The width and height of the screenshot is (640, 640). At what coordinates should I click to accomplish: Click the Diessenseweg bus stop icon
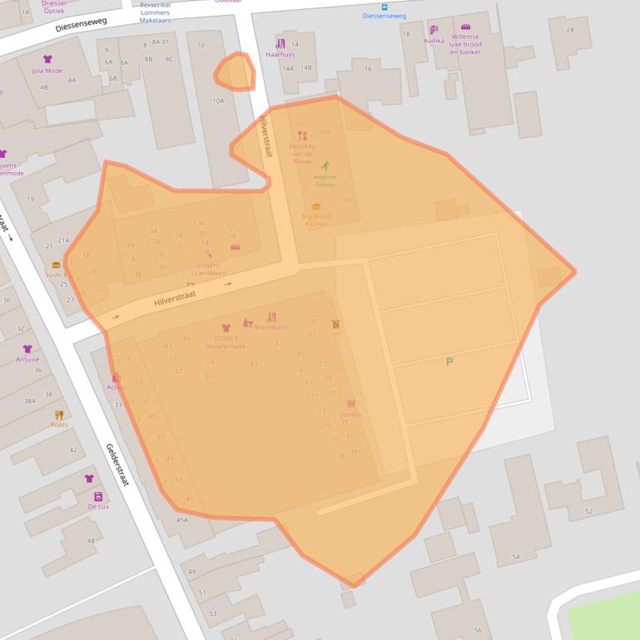[384, 7]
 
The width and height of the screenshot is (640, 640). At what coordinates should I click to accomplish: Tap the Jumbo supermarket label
[350, 414]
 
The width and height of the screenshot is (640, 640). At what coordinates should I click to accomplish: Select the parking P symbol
[449, 361]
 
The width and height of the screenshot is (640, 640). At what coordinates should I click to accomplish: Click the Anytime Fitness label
[325, 180]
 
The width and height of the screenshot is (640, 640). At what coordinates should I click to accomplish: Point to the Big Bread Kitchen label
[316, 220]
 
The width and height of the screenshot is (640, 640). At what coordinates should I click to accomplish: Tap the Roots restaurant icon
[59, 415]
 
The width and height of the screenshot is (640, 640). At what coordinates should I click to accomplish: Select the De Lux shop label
[98, 506]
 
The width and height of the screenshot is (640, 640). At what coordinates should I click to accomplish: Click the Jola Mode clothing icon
[47, 60]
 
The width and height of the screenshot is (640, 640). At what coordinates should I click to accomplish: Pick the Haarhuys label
[280, 54]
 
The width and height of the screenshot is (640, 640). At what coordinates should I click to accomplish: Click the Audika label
[434, 40]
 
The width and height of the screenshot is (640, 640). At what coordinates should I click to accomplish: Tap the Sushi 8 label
[56, 274]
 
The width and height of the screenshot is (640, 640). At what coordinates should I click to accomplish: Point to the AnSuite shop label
[27, 360]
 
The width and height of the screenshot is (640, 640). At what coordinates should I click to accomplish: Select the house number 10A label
[218, 101]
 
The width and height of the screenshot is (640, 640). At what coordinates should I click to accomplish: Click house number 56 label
[478, 630]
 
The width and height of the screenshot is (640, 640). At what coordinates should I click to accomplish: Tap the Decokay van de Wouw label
[301, 154]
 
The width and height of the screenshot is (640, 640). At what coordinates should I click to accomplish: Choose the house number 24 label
[569, 30]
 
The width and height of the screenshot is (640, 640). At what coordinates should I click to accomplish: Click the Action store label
[116, 387]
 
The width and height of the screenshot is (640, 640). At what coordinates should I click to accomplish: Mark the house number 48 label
[91, 541]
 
